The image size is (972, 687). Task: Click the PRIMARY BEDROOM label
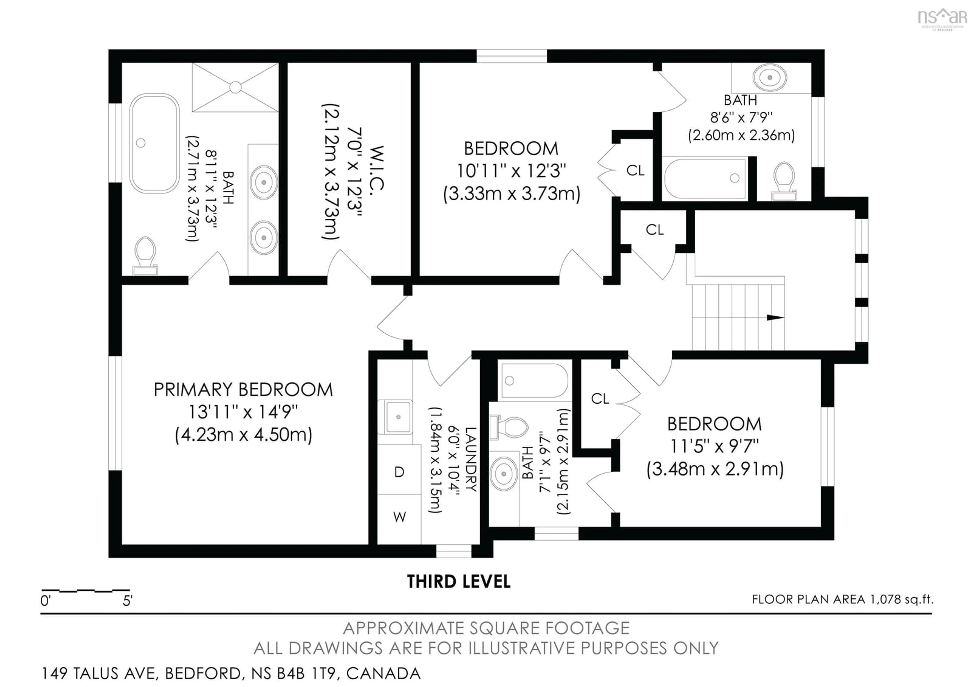point(243,390)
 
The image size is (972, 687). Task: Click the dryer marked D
point(399,472)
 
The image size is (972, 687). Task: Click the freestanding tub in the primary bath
point(154,143)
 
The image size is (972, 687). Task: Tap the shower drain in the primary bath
point(235,87)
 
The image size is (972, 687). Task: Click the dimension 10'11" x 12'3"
point(511,171)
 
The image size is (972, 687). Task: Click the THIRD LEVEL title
point(458,582)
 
